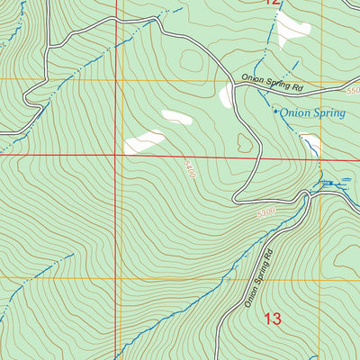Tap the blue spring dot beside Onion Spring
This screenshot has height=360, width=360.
(x=275, y=112)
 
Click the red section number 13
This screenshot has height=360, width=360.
(x=273, y=318)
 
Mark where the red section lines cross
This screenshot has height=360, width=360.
(x=116, y=155)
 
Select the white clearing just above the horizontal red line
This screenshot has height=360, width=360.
(x=145, y=141)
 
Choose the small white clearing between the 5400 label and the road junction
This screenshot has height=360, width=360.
(x=175, y=117)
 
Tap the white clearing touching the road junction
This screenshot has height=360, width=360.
(x=225, y=95)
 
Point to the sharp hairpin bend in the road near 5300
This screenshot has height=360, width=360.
(x=236, y=197)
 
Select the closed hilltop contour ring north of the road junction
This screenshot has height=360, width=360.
(x=191, y=61)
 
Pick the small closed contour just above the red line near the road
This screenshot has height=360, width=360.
(x=244, y=141)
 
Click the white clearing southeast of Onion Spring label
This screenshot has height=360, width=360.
(x=310, y=143)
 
